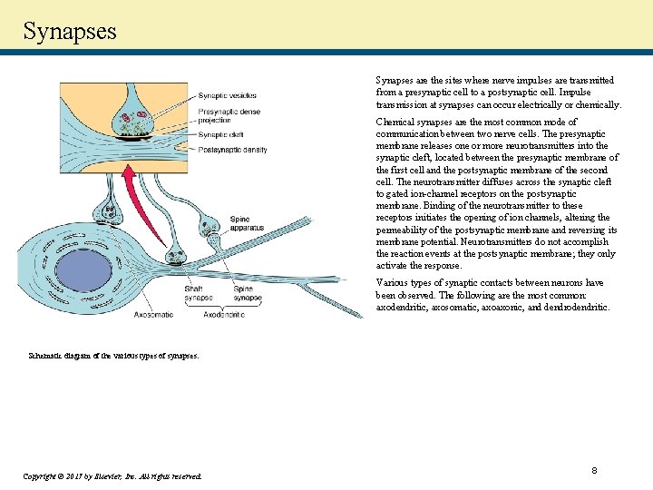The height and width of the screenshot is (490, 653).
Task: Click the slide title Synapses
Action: coord(70,31)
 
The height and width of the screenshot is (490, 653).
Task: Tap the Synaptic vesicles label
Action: coord(227,95)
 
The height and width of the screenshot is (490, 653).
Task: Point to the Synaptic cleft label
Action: coord(221,136)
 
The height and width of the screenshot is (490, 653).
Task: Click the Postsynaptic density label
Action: coord(232,149)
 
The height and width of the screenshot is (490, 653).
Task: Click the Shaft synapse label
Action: coord(198,293)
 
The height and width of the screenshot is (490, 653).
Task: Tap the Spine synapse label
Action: coord(248,293)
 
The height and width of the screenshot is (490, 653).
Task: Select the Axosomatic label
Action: coord(153,315)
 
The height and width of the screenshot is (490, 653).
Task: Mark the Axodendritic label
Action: coord(223,315)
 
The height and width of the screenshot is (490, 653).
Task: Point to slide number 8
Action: coord(593,471)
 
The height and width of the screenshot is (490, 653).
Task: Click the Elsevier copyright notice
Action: coord(112,475)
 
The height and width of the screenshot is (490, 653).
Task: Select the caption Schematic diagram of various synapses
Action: coord(112,356)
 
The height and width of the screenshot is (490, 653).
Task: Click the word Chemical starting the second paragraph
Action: coord(394,122)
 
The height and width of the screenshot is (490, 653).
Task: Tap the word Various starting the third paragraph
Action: coord(392,283)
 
